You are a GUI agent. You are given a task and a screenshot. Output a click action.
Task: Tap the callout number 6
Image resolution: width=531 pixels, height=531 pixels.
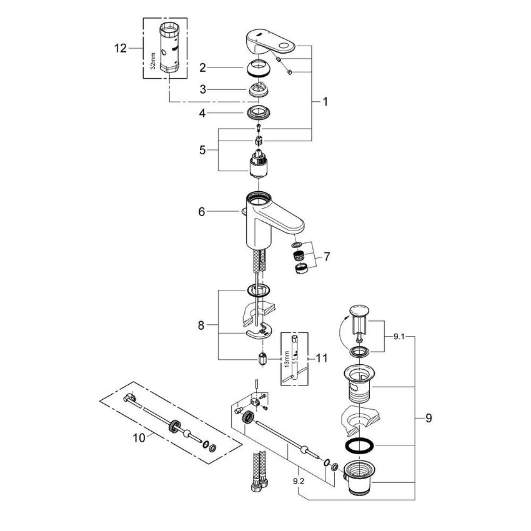[202, 212]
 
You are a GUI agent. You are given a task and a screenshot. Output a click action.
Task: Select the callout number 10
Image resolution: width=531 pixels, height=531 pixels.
[139, 438]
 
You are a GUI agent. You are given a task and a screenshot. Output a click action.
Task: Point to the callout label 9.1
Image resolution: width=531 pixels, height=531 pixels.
[398, 336]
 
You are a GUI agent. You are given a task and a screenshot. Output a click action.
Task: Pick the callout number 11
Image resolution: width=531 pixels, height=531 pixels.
[322, 358]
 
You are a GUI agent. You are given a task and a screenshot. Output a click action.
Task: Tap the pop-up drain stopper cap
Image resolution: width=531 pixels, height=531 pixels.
[359, 310]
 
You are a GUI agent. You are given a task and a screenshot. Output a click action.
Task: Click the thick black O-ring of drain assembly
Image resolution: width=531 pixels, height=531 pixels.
[360, 445]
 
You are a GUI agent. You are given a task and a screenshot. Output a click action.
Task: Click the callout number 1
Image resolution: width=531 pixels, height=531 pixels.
[324, 101]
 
